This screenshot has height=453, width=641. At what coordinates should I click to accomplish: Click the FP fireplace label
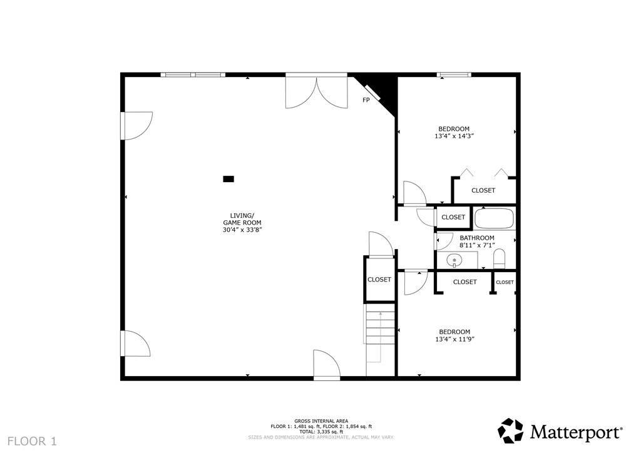tap(366, 100)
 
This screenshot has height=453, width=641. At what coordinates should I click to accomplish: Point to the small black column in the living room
tap(228, 179)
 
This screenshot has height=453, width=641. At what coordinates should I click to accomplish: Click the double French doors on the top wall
tap(317, 91)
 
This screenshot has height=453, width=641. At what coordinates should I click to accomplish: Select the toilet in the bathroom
tap(499, 259)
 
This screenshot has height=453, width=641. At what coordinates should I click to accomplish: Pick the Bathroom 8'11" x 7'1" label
tap(477, 242)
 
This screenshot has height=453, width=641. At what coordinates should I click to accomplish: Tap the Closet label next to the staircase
tap(379, 280)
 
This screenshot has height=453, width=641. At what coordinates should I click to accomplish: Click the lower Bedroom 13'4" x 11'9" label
tap(454, 335)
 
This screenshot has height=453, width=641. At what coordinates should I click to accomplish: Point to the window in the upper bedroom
tap(454, 75)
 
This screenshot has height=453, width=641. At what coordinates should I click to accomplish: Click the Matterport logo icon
tap(510, 430)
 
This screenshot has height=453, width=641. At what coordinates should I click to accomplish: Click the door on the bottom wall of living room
tap(326, 366)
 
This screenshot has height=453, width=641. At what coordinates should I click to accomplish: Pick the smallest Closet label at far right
tap(505, 282)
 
